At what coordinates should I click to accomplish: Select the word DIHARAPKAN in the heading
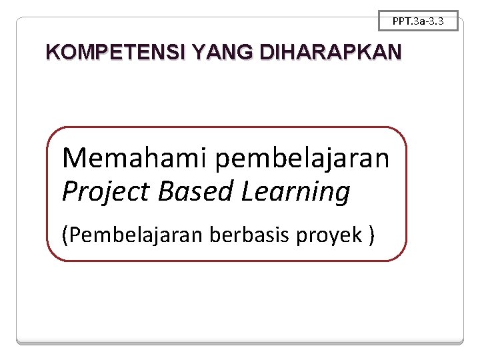(332, 52)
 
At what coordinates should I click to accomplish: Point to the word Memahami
(135, 158)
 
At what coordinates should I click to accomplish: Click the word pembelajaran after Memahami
(303, 159)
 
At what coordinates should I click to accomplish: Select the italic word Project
(107, 192)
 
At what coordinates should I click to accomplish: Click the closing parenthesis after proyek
(371, 235)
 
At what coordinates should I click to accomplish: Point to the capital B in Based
(166, 192)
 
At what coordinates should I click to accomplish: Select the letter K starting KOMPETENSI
(52, 52)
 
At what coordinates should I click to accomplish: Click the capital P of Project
(69, 192)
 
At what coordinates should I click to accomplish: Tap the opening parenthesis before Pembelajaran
(64, 235)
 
